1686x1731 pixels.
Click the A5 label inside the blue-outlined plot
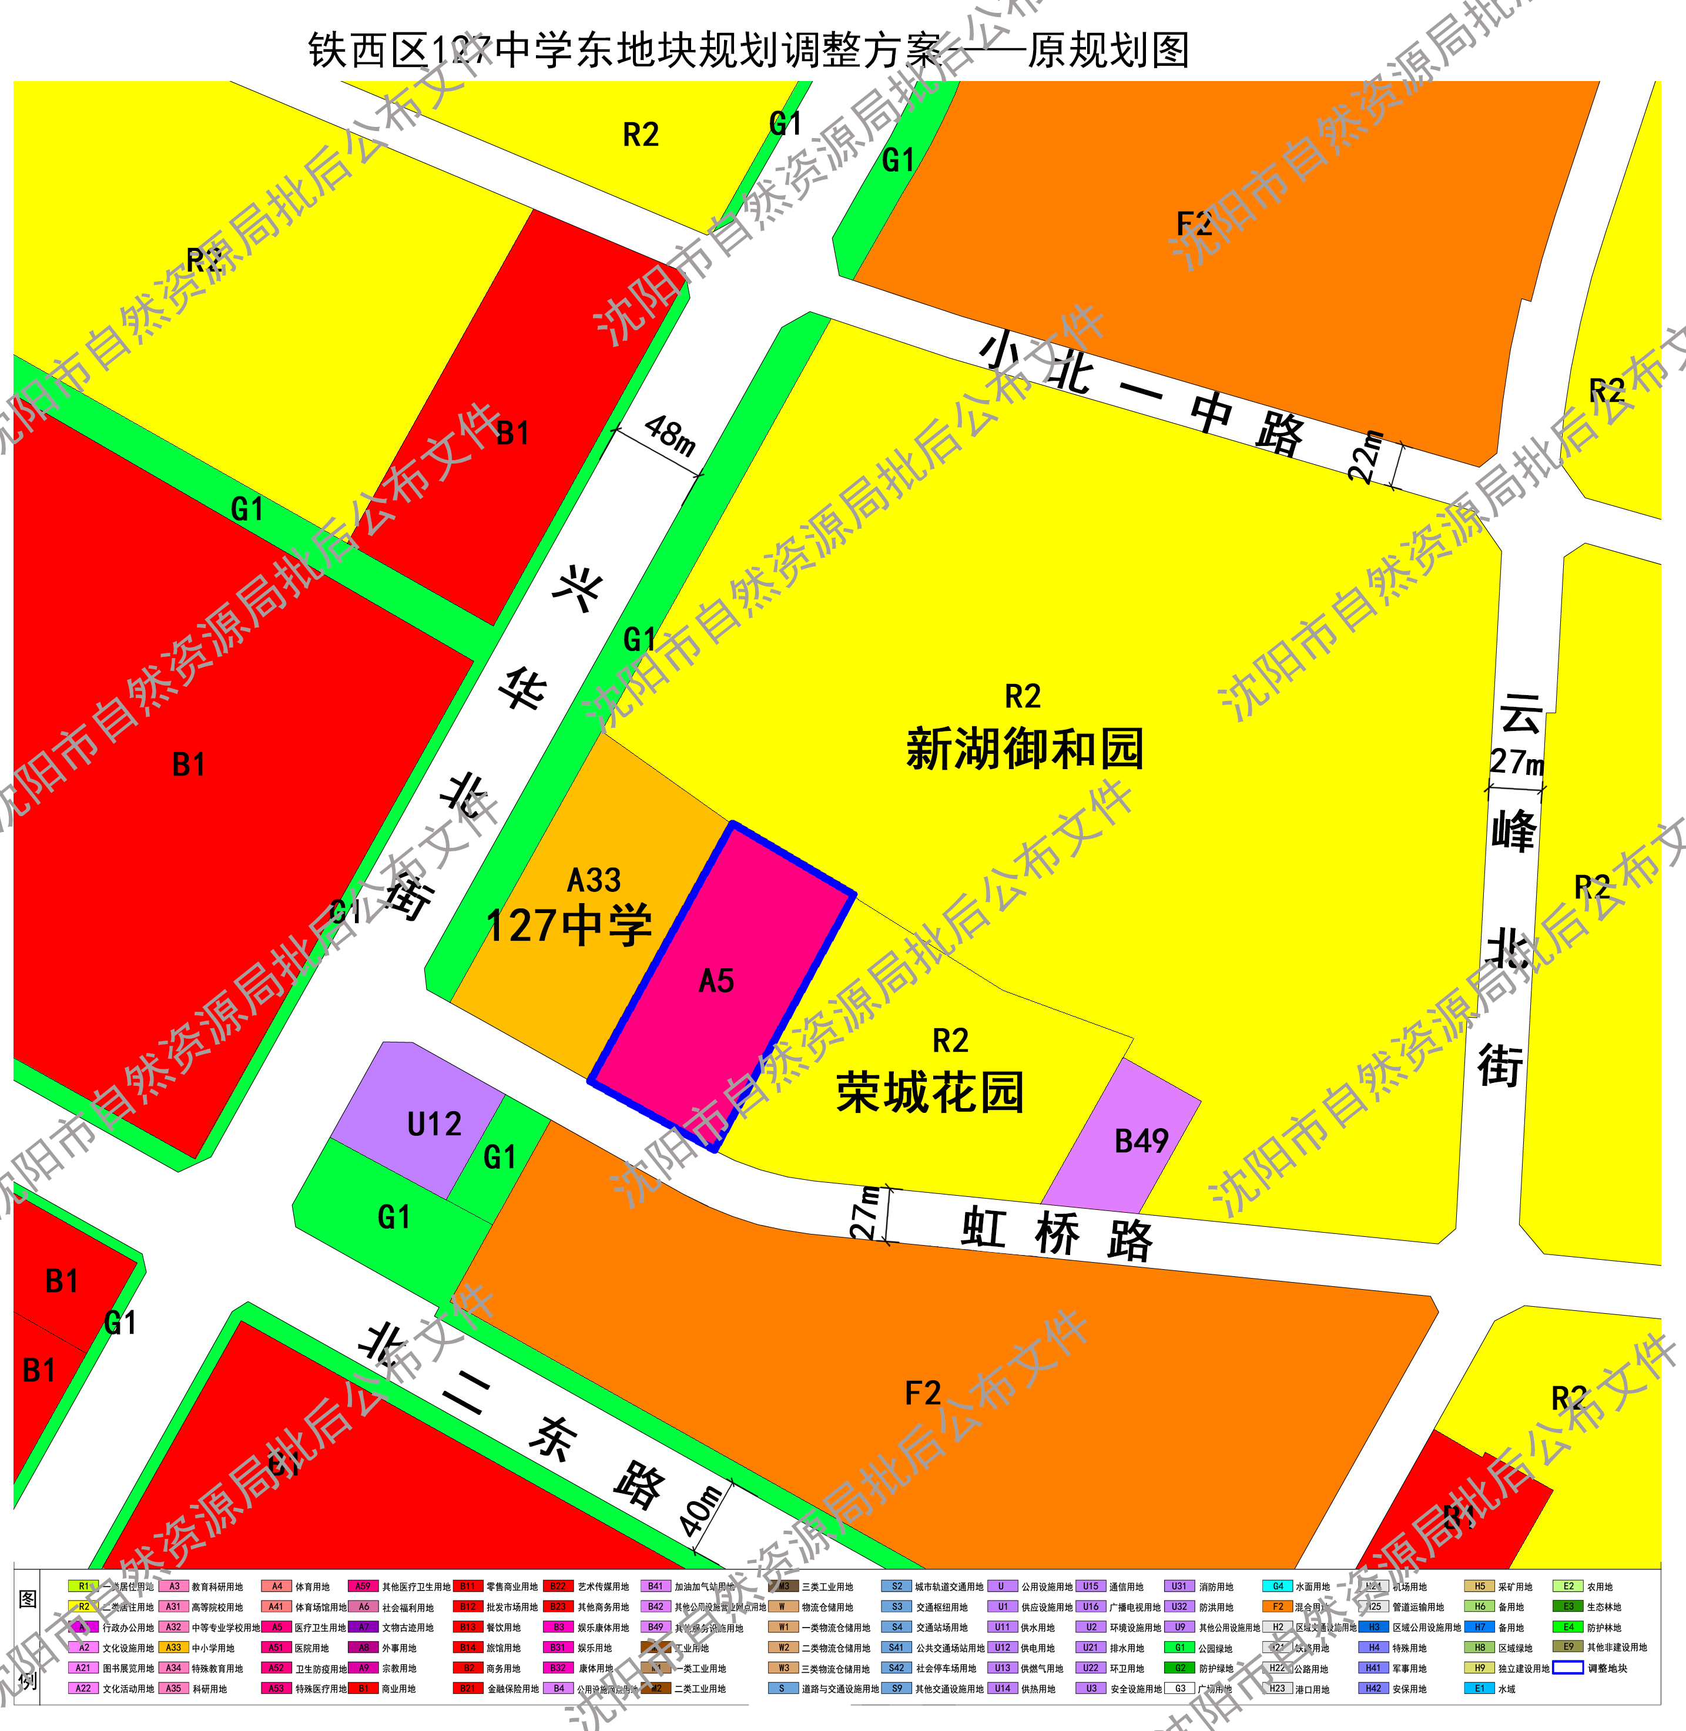coord(716,981)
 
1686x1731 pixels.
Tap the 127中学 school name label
coord(569,925)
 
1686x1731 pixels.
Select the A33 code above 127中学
coord(594,880)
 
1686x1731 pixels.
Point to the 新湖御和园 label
coord(1024,749)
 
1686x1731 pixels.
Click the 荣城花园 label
coord(930,1092)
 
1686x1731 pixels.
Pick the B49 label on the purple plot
coord(1141,1141)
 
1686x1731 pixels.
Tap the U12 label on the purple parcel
coord(434,1125)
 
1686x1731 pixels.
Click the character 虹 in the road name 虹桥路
coord(983,1228)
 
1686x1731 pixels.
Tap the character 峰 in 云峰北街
coord(1514,830)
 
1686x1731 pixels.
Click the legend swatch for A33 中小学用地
coord(173,1648)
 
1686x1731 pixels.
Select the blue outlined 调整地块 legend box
coord(1567,1668)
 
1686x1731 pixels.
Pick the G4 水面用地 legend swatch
coord(1277,1586)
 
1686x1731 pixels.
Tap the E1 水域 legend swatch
coord(1479,1689)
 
